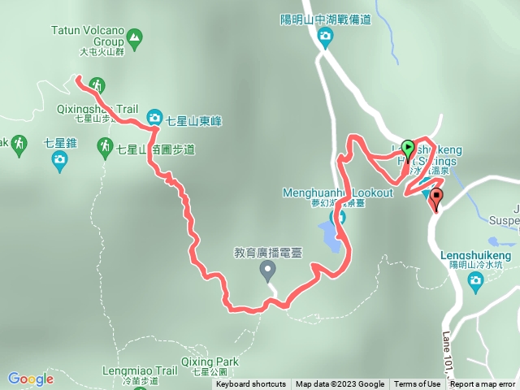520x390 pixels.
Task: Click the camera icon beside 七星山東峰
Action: pyautogui.click(x=154, y=119)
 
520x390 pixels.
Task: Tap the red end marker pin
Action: pyautogui.click(x=436, y=197)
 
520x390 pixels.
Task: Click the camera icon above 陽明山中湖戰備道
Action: pyautogui.click(x=325, y=36)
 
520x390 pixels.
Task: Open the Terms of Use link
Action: pyautogui.click(x=418, y=384)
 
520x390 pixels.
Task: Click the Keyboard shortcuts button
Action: pyautogui.click(x=251, y=384)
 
